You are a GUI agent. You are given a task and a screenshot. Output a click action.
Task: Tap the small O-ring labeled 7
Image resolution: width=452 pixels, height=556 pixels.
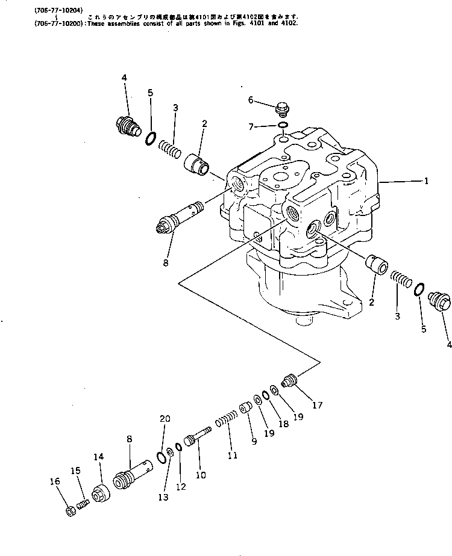pyautogui.click(x=282, y=125)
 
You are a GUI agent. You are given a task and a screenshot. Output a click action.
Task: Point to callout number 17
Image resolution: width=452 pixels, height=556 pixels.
pyautogui.click(x=318, y=405)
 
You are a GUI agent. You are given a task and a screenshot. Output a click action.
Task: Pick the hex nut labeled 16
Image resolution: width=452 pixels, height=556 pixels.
pyautogui.click(x=69, y=511)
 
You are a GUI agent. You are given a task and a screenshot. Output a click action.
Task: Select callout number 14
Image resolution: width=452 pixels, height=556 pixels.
pyautogui.click(x=98, y=457)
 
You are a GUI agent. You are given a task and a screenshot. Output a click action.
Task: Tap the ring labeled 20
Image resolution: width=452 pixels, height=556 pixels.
pyautogui.click(x=160, y=458)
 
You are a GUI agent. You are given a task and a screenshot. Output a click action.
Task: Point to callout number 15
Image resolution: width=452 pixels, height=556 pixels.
pyautogui.click(x=75, y=470)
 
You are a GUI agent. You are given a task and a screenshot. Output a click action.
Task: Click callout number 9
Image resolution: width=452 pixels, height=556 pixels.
pyautogui.click(x=254, y=441)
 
